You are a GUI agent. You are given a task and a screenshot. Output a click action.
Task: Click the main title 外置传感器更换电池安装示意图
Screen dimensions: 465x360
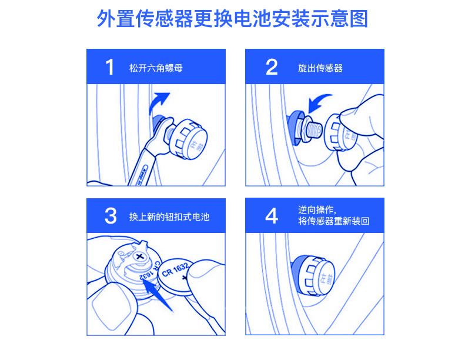(x=233, y=19)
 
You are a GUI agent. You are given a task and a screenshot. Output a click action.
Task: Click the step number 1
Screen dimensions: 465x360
(x=110, y=67)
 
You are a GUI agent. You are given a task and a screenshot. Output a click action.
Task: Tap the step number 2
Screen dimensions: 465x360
(x=272, y=67)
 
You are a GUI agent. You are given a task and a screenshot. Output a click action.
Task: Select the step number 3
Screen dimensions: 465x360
(x=111, y=216)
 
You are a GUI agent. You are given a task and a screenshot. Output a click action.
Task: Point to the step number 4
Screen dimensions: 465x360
(x=272, y=216)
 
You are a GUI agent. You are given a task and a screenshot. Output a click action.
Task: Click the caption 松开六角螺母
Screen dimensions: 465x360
(x=156, y=68)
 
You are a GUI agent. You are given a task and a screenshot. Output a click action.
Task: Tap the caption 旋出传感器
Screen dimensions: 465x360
(x=320, y=68)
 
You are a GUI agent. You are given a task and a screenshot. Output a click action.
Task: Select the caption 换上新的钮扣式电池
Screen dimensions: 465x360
(x=169, y=217)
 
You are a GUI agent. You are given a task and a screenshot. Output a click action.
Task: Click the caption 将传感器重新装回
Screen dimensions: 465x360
(x=334, y=221)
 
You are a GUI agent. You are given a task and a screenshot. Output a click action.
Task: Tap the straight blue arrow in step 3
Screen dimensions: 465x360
(x=157, y=295)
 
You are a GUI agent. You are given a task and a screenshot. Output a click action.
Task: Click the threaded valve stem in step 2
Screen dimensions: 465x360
(x=314, y=130)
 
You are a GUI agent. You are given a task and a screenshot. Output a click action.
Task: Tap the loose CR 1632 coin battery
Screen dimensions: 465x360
(x=175, y=276)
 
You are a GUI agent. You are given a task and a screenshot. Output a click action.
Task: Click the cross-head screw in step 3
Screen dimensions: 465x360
(x=140, y=256)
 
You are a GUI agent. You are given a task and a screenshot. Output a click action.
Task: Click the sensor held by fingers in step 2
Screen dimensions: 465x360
(x=340, y=132)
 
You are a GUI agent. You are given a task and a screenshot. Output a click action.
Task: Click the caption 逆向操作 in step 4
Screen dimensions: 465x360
(x=316, y=210)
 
